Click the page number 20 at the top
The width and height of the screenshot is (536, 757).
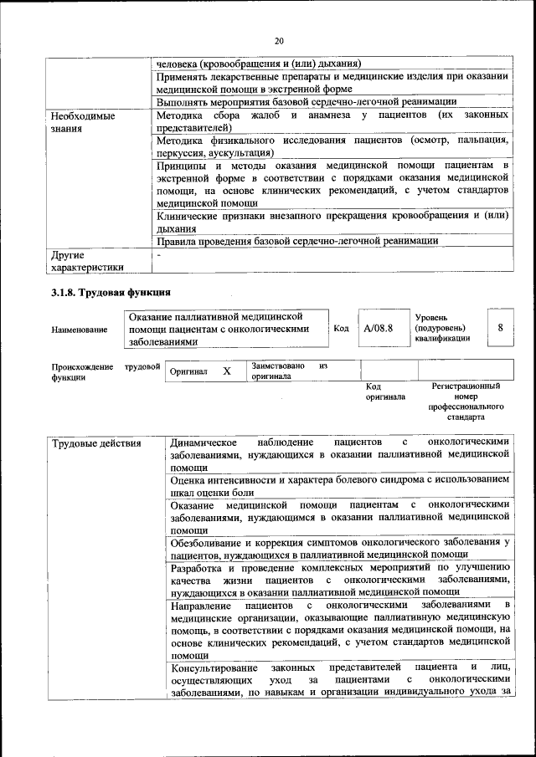(279, 41)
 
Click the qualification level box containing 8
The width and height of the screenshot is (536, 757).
(499, 328)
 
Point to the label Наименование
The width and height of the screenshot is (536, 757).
(79, 330)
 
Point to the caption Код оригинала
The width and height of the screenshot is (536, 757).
(384, 391)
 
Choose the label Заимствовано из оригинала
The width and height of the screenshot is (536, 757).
(287, 371)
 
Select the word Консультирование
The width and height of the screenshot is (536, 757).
(217, 667)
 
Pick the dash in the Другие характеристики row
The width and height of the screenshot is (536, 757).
(158, 254)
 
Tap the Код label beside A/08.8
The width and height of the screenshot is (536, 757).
(341, 329)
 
